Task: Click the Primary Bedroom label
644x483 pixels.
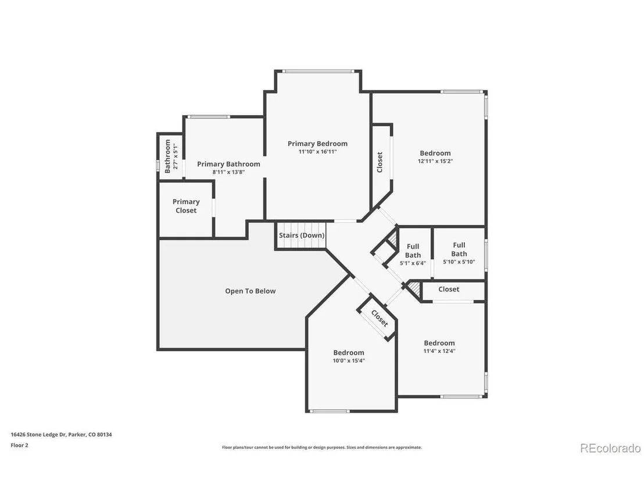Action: pyautogui.click(x=317, y=144)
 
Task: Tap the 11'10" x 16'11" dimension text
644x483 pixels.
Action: pyautogui.click(x=317, y=152)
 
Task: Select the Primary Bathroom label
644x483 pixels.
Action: pyautogui.click(x=229, y=164)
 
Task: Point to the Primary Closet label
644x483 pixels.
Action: pyautogui.click(x=186, y=206)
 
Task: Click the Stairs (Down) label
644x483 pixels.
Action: pyautogui.click(x=302, y=235)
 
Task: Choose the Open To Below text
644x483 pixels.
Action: pyautogui.click(x=250, y=291)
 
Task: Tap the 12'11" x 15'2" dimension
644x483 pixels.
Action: pyautogui.click(x=435, y=161)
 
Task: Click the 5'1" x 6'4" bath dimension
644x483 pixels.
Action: pyautogui.click(x=413, y=263)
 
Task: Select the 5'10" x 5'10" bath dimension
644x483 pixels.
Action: pyautogui.click(x=459, y=262)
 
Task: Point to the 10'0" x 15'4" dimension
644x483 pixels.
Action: pyautogui.click(x=349, y=360)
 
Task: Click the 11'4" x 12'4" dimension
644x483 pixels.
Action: pyautogui.click(x=439, y=350)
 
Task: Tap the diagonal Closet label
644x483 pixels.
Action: pyautogui.click(x=380, y=319)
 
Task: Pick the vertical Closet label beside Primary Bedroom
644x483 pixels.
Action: pyautogui.click(x=380, y=162)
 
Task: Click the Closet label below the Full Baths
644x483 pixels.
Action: pyautogui.click(x=449, y=289)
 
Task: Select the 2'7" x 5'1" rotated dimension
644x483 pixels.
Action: pyautogui.click(x=176, y=156)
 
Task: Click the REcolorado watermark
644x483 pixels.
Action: pyautogui.click(x=610, y=448)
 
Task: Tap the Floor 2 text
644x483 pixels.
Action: pyautogui.click(x=19, y=445)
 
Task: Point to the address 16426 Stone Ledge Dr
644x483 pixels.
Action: pyautogui.click(x=38, y=435)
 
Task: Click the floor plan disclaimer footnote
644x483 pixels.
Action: pyautogui.click(x=321, y=448)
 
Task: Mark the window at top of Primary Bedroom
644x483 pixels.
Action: pyautogui.click(x=319, y=71)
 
